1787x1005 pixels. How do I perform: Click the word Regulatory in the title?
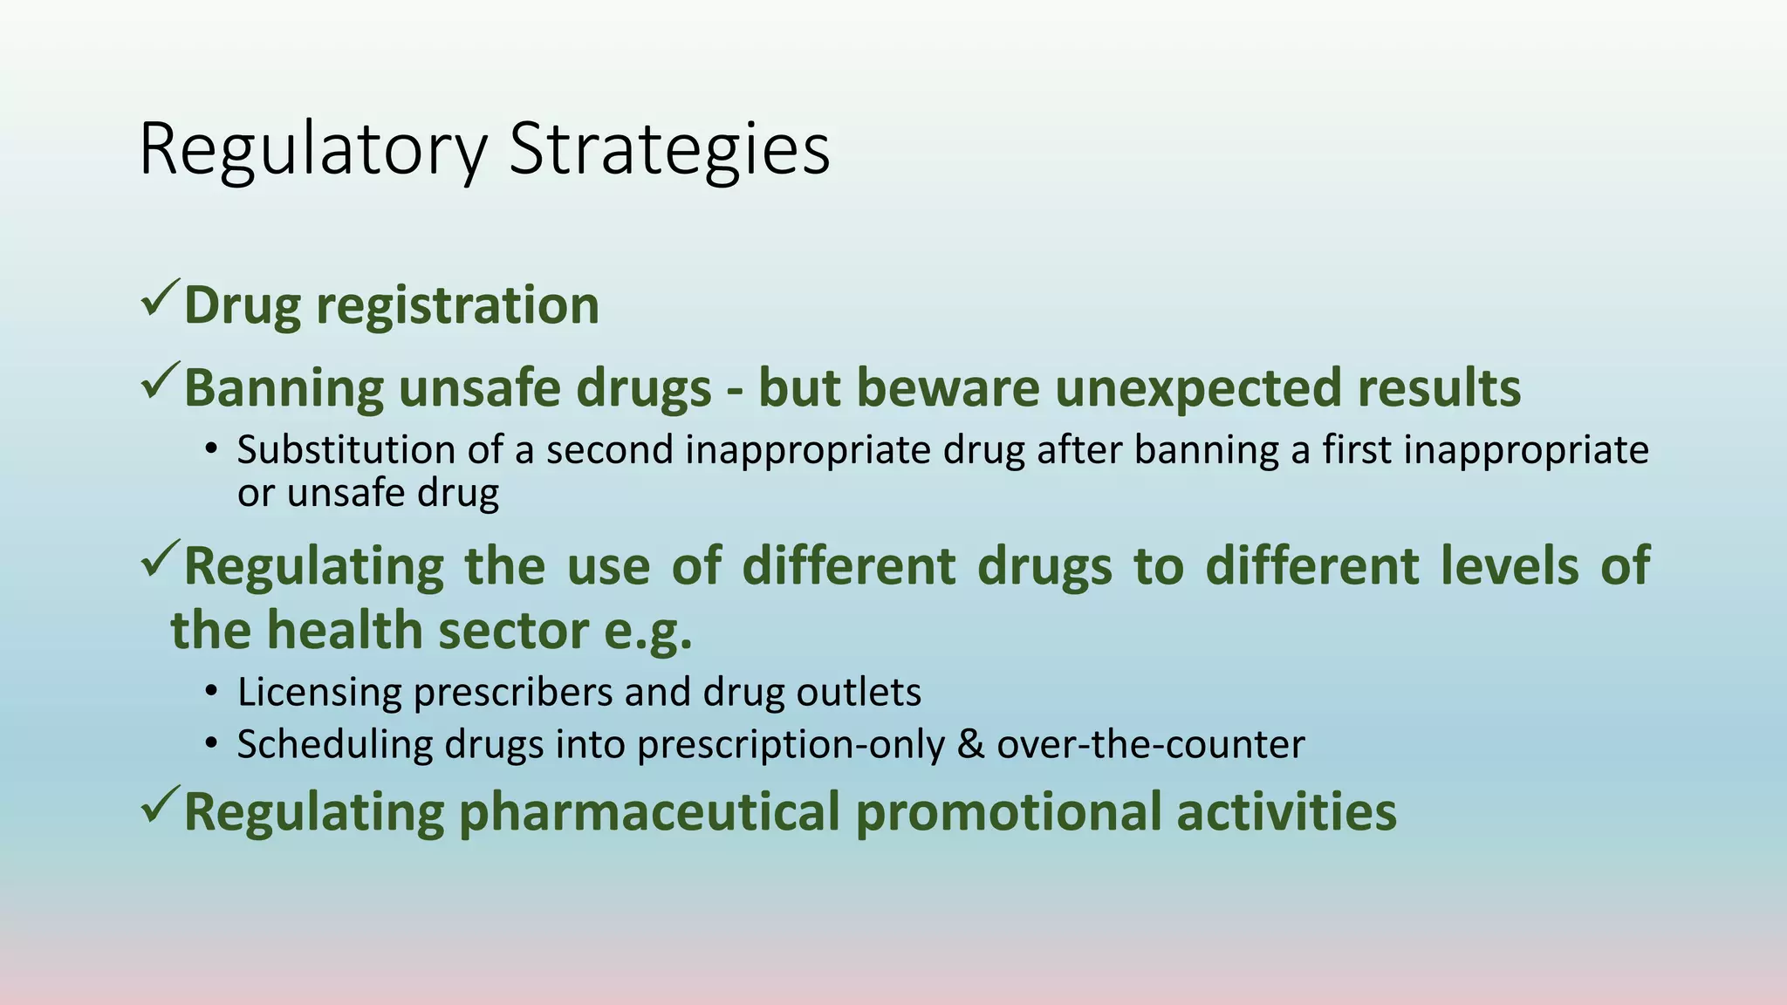(312, 151)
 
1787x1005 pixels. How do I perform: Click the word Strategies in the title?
(669, 151)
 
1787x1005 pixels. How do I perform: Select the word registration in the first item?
(457, 306)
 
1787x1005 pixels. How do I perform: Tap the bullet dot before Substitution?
(210, 451)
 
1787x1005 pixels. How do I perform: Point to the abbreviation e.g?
(648, 631)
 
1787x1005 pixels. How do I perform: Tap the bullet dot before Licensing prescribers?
(210, 693)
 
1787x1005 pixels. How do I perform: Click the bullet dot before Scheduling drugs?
(210, 745)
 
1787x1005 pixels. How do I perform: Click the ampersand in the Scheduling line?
(969, 745)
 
